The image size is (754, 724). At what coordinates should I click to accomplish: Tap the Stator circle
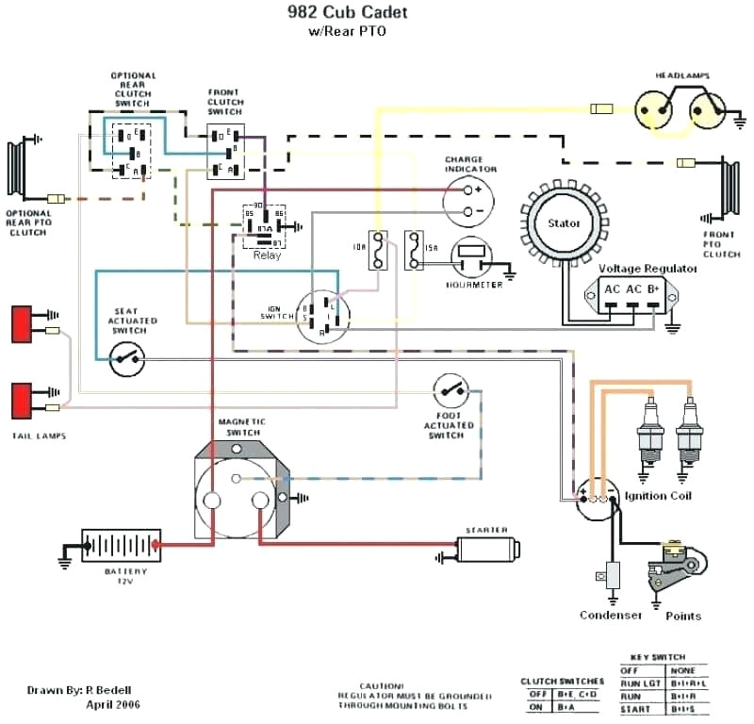point(564,223)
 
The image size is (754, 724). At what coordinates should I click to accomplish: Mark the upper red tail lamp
point(21,323)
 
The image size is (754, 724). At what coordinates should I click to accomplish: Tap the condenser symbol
point(613,575)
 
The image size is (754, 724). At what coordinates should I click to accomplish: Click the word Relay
point(268,255)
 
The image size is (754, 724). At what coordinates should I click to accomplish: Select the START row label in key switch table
point(636,708)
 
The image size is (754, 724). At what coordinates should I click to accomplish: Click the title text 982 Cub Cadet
point(341,14)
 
